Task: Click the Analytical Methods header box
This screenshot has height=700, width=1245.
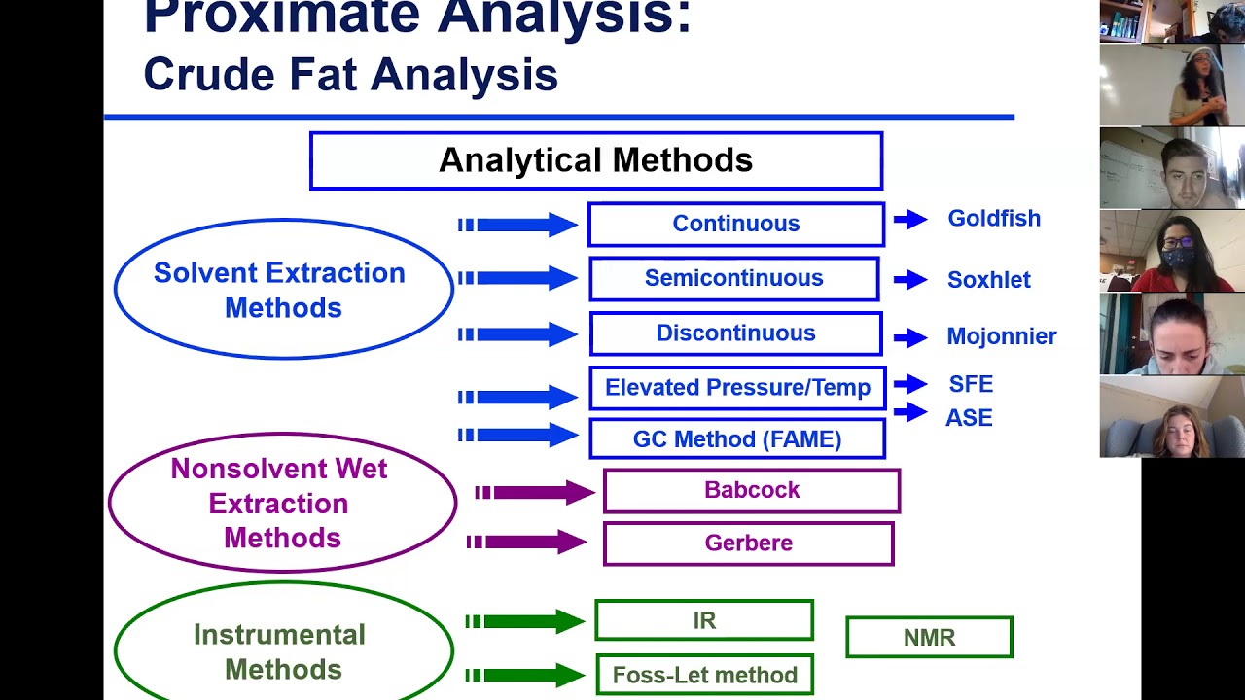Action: pos(595,160)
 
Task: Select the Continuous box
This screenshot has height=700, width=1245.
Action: pos(736,224)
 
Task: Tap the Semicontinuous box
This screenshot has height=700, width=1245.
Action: pos(734,279)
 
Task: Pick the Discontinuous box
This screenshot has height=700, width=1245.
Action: pos(736,333)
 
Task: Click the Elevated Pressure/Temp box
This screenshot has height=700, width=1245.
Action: pos(737,388)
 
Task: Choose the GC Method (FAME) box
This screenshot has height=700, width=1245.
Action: pos(737,439)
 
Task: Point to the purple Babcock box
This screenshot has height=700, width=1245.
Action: pos(752,491)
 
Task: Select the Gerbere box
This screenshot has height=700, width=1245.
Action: pos(748,543)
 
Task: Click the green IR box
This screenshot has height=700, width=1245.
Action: pos(704,620)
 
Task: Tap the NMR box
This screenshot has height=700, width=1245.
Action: pos(929,638)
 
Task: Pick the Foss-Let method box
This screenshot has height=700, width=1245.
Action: pos(704,675)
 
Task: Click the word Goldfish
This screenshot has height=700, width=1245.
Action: pos(994,219)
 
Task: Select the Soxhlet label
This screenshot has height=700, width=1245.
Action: pos(988,280)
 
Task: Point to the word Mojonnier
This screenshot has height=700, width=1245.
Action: pos(1001,336)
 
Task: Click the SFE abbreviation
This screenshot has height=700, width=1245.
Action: pos(971,384)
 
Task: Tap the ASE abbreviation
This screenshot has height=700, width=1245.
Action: pos(969,418)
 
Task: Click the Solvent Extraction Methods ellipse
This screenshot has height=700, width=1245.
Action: pos(283,290)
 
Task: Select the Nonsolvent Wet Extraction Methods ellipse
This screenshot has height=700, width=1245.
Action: pos(282,503)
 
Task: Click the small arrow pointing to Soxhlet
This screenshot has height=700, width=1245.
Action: pos(910,280)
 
